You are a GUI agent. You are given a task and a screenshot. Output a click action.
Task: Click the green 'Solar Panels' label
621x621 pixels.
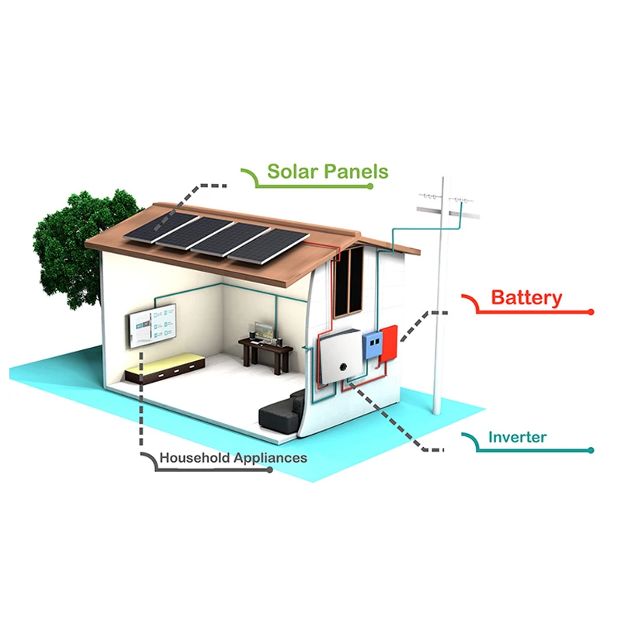[x=328, y=171]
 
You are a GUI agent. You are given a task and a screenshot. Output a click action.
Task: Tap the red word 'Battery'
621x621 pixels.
[x=527, y=297]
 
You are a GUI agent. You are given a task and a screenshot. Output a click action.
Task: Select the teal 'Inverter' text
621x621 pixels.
[x=517, y=437]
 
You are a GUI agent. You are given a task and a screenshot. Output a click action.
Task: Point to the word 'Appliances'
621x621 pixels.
[x=269, y=457]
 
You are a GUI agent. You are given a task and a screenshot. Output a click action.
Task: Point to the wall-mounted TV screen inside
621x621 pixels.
[x=154, y=327]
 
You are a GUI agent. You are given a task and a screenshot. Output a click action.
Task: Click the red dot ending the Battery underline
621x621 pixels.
[x=591, y=312]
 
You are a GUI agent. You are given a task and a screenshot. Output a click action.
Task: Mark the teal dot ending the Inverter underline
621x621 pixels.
[x=591, y=450]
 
